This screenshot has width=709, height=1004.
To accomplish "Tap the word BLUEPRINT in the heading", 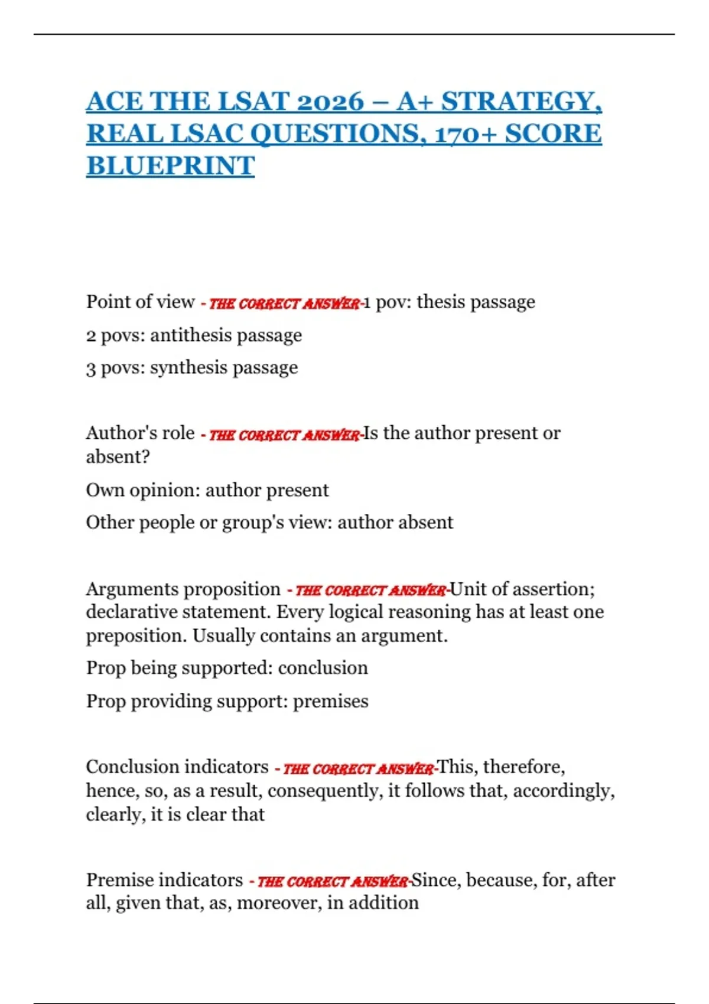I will click(170, 166).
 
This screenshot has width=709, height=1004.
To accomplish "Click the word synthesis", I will click(189, 368).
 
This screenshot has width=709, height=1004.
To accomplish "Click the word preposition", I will click(136, 637).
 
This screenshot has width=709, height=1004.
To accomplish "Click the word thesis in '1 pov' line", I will click(440, 302).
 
